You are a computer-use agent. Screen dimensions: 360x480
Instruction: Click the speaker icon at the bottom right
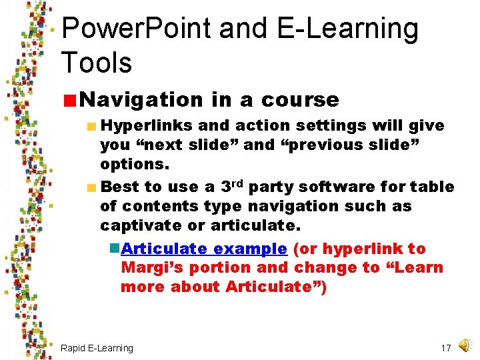click(465, 344)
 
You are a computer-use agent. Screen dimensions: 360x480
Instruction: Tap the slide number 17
click(446, 348)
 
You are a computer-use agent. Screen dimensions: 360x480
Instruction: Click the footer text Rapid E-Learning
click(97, 348)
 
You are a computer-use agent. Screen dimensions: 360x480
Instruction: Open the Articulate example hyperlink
click(204, 249)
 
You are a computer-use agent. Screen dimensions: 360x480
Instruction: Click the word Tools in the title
click(97, 63)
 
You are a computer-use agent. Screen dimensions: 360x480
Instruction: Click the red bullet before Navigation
click(70, 101)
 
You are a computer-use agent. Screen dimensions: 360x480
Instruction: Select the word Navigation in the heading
click(141, 100)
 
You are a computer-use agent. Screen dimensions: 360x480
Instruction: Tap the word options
click(133, 164)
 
